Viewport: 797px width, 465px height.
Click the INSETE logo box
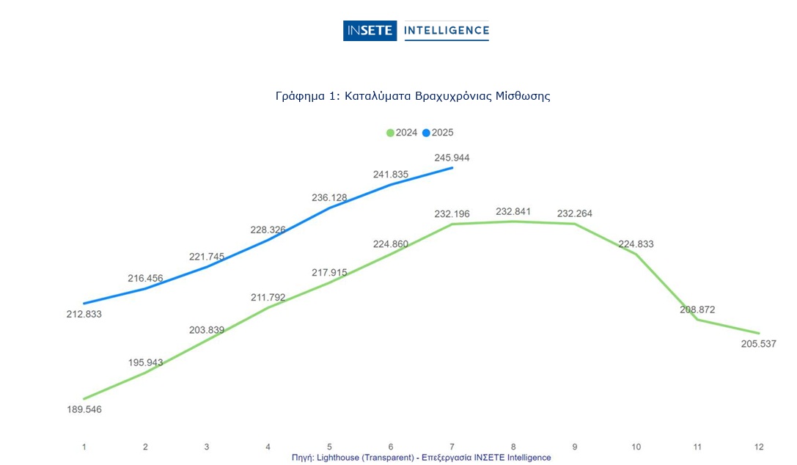coord(370,31)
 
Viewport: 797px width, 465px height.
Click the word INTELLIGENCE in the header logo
coord(446,31)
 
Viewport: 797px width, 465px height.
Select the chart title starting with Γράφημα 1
coord(413,96)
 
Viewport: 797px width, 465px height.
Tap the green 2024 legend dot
coord(390,133)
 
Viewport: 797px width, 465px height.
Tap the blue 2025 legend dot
coord(427,133)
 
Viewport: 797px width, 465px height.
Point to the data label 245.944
coord(452,158)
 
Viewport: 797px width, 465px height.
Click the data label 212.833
coord(84,315)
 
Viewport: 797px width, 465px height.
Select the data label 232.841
coord(513,212)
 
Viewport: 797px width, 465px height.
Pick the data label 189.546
coord(84,409)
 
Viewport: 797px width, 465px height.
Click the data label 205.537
coord(758,345)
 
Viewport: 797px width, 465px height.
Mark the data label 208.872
coord(697,310)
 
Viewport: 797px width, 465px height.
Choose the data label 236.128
coord(329,197)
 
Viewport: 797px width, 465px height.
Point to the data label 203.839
coord(207,330)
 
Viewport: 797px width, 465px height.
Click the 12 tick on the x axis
coord(759,447)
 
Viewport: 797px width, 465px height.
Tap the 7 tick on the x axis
coord(452,447)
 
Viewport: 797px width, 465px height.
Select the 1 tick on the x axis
coord(84,447)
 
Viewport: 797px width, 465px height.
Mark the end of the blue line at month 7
coord(452,168)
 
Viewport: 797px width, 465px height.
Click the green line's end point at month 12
coord(759,334)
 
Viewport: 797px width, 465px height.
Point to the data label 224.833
coord(636,244)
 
